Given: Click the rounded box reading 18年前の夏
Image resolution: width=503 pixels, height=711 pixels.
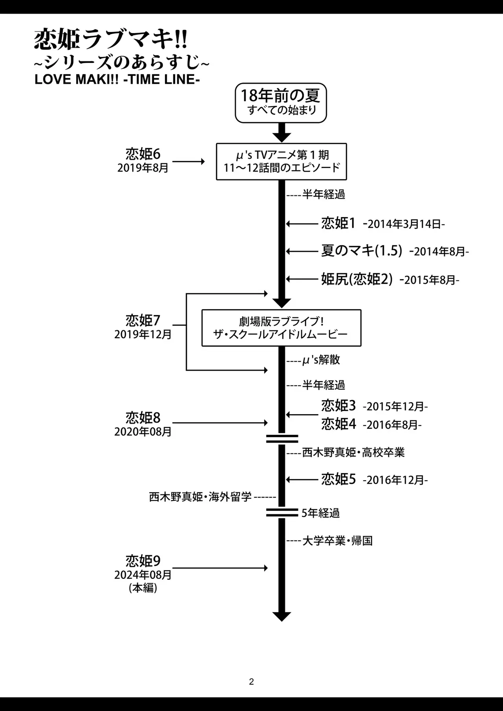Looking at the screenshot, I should click(x=281, y=103).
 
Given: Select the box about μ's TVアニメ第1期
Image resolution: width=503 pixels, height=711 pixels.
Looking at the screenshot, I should click(x=281, y=162).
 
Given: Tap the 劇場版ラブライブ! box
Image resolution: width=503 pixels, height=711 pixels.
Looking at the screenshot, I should click(x=281, y=328).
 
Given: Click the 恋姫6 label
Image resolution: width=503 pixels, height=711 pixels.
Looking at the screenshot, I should click(x=143, y=154).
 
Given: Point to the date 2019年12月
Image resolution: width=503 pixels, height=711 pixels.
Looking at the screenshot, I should click(x=143, y=335).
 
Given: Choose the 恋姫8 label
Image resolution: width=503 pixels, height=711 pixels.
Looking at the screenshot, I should click(x=143, y=418).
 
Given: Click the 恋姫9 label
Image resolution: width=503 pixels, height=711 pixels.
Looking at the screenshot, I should click(x=143, y=561).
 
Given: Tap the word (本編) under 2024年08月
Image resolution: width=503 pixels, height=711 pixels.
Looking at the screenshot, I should click(x=143, y=588).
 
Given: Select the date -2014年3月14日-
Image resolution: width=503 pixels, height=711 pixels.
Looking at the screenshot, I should click(x=404, y=224).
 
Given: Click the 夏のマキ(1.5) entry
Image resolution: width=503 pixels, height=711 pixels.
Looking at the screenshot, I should click(x=362, y=251).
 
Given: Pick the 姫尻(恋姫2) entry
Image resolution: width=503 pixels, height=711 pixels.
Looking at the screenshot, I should click(x=357, y=279).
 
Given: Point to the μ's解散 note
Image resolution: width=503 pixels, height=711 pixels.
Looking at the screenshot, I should click(x=321, y=360).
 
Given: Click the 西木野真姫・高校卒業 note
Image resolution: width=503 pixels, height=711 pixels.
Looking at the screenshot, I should click(x=353, y=453).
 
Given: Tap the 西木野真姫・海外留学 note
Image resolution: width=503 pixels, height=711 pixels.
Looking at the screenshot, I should click(x=200, y=497).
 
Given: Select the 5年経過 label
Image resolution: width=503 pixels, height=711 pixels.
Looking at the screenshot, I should click(x=320, y=513).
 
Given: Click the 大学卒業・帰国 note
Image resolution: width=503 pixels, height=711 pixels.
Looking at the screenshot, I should click(x=337, y=541).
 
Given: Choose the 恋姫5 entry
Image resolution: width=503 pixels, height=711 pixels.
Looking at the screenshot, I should click(x=338, y=479).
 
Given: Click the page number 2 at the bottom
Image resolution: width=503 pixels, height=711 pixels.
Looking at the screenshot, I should click(x=251, y=682).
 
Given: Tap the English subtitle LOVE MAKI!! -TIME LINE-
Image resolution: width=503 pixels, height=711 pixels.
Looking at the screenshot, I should click(x=117, y=79).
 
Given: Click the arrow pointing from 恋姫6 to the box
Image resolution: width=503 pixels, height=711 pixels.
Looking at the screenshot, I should click(x=189, y=162).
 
